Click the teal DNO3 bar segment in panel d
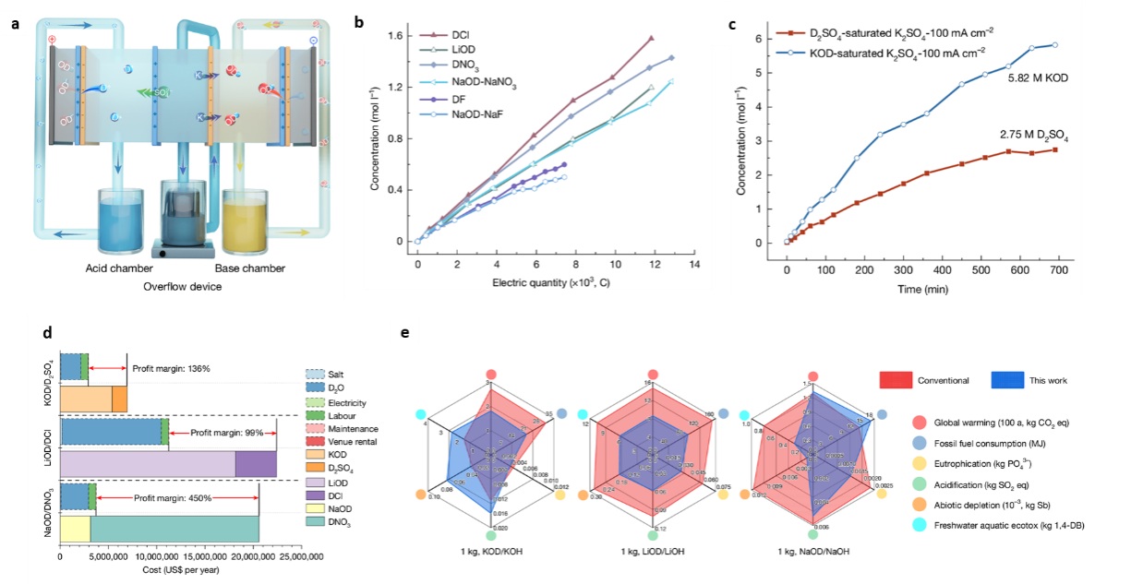(x=174, y=529)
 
